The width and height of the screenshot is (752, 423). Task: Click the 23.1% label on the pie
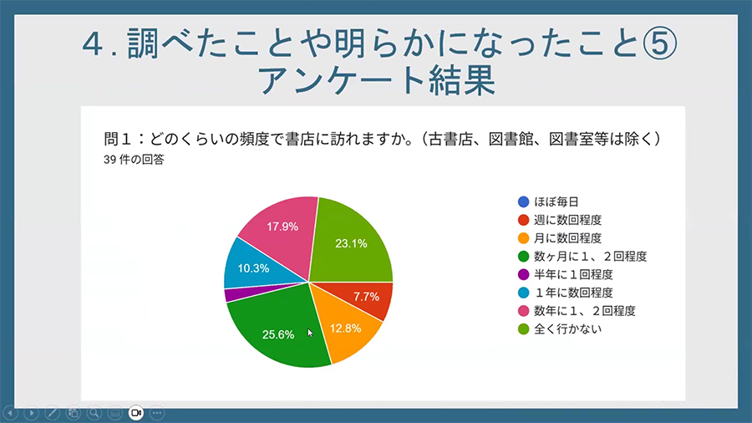click(x=351, y=243)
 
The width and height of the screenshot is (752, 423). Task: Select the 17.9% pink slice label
click(x=282, y=227)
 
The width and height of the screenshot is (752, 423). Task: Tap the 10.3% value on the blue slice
click(x=253, y=268)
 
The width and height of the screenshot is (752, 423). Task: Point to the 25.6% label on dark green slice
click(x=278, y=334)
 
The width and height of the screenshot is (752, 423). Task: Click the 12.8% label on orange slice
click(x=345, y=329)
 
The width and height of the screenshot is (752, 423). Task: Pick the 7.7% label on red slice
click(x=367, y=297)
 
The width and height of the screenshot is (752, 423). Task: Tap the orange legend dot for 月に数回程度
click(x=524, y=238)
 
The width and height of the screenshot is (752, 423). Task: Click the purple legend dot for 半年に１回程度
click(x=524, y=275)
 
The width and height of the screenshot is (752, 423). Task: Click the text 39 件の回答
click(x=134, y=160)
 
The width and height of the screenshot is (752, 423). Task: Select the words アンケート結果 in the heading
click(x=376, y=80)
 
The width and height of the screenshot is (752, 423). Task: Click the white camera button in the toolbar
click(x=136, y=413)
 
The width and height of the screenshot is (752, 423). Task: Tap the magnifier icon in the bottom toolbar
click(x=94, y=413)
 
